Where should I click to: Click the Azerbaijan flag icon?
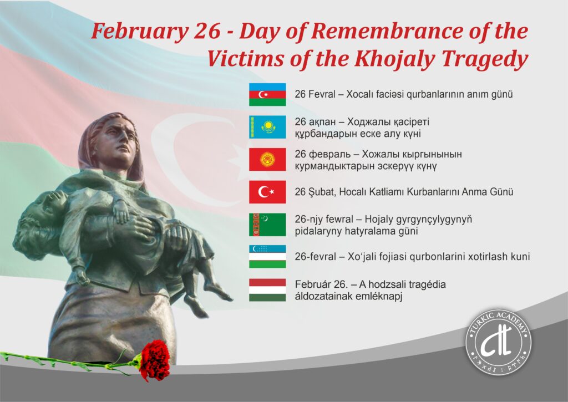267,94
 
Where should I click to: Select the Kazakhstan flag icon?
267,127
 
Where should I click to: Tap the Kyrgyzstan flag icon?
267,160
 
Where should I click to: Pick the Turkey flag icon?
267,192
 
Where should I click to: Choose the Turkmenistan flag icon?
267,225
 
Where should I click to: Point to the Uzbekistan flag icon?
267,256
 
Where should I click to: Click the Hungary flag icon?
267,290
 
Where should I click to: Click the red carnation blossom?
155,359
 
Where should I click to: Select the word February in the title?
140,32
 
